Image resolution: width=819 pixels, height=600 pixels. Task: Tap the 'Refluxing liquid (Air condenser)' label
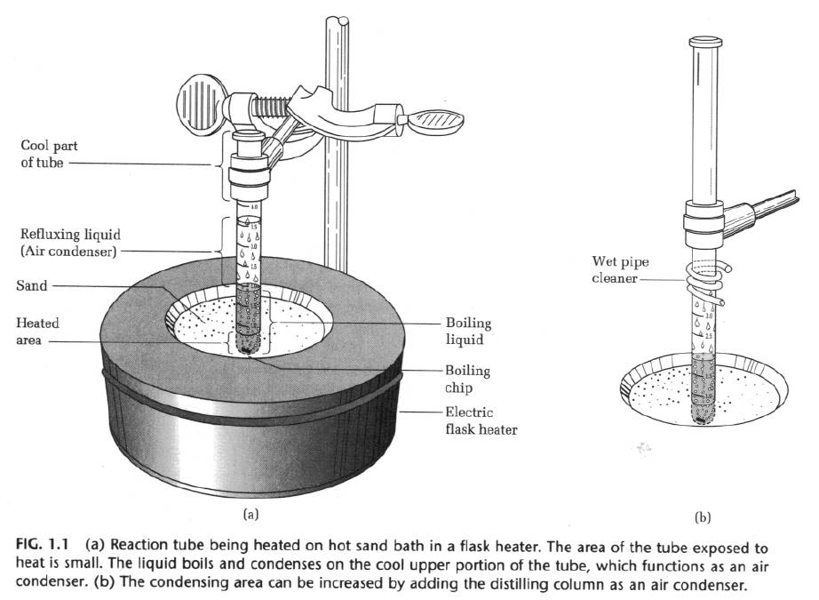click(69, 243)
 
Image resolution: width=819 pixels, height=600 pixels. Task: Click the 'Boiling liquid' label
click(469, 331)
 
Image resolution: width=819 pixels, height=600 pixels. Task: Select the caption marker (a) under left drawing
click(250, 513)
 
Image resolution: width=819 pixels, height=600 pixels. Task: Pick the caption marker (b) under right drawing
click(704, 516)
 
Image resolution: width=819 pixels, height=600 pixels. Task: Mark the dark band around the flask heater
click(258, 405)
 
